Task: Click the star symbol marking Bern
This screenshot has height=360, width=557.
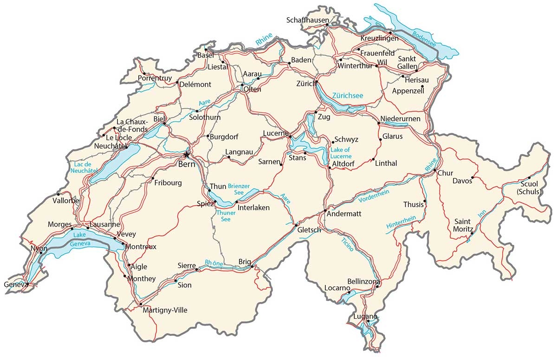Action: click(x=187, y=154)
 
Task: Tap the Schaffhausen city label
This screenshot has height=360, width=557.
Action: click(x=307, y=20)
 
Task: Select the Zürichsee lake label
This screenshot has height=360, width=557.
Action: click(x=347, y=95)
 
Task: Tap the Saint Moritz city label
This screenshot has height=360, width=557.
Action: click(x=464, y=225)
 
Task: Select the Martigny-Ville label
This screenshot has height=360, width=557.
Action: click(x=165, y=310)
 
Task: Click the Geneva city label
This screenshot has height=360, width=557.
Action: click(x=14, y=284)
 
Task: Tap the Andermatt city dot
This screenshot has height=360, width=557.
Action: click(x=325, y=211)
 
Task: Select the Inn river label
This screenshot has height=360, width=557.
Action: click(x=482, y=213)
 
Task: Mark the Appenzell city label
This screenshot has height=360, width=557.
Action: click(x=408, y=91)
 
